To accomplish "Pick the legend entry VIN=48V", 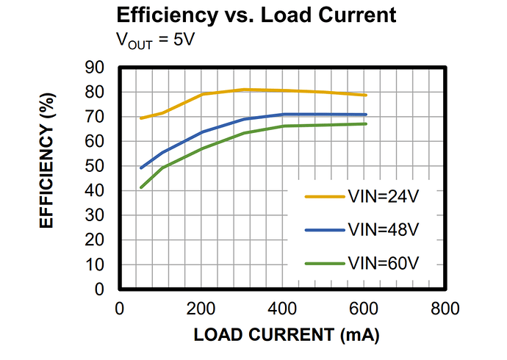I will [x=383, y=229].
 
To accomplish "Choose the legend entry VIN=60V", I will [x=383, y=262].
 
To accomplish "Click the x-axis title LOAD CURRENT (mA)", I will [x=286, y=336].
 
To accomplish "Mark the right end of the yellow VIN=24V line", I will [x=365, y=96].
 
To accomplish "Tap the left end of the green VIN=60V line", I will [x=141, y=187].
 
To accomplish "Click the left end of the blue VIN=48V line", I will [x=141, y=168].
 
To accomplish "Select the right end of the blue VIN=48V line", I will [x=365, y=115].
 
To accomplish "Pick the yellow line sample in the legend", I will [x=324, y=196].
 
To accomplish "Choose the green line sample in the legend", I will [x=324, y=263].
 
